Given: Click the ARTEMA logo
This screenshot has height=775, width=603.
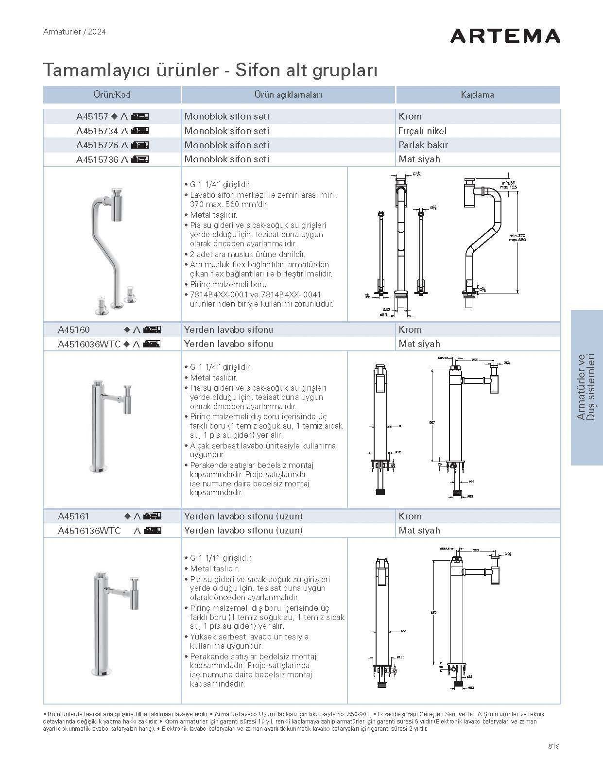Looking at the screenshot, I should pyautogui.click(x=505, y=36).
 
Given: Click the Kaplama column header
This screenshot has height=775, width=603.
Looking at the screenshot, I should pyautogui.click(x=477, y=95).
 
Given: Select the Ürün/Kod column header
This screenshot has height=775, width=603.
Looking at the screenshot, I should pyautogui.click(x=112, y=95).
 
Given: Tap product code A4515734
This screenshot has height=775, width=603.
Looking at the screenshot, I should pyautogui.click(x=97, y=131).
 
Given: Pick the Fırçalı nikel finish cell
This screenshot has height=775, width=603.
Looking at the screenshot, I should pyautogui.click(x=422, y=131).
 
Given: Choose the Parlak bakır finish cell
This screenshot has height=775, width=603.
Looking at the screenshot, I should pyautogui.click(x=423, y=145).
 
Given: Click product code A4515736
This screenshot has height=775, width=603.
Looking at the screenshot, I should pyautogui.click(x=97, y=159).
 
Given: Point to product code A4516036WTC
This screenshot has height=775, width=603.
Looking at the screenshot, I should pyautogui.click(x=89, y=344).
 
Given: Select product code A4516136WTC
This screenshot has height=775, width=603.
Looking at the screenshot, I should pyautogui.click(x=89, y=531).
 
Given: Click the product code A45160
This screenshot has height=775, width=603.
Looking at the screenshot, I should pyautogui.click(x=74, y=330).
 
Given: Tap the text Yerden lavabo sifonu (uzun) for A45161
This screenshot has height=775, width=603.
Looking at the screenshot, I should pyautogui.click(x=243, y=516).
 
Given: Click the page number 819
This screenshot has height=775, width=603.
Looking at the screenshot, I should pyautogui.click(x=553, y=746).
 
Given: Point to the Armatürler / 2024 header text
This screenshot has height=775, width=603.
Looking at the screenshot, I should pyautogui.click(x=74, y=32).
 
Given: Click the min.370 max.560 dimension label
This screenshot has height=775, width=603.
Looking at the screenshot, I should pyautogui.click(x=517, y=238).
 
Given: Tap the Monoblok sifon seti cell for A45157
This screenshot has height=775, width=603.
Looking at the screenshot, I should pyautogui.click(x=226, y=117).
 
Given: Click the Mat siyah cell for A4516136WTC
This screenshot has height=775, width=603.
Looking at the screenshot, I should pyautogui.click(x=419, y=531).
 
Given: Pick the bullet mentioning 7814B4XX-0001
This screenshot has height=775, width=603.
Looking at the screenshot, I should pyautogui.click(x=258, y=299).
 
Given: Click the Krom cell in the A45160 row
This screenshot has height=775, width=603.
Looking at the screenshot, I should pyautogui.click(x=410, y=330).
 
